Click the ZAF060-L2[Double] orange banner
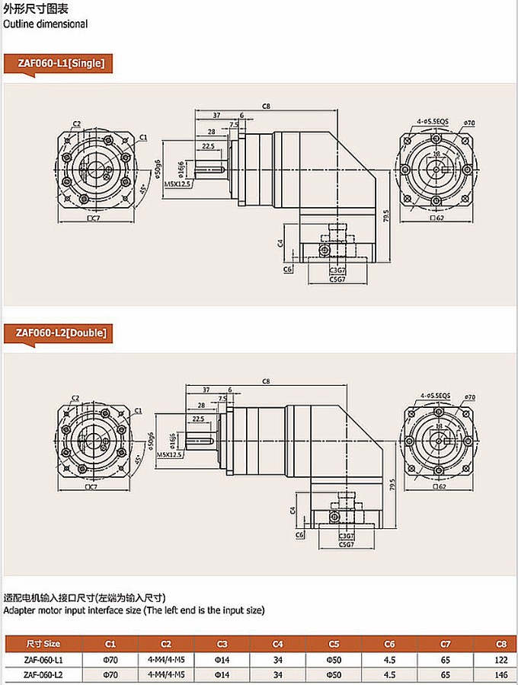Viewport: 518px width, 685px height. click(x=61, y=333)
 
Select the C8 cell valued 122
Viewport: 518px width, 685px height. click(x=500, y=659)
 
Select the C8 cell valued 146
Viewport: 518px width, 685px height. click(x=500, y=674)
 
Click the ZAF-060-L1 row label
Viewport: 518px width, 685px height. click(x=43, y=659)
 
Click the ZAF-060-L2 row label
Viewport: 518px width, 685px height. click(x=43, y=674)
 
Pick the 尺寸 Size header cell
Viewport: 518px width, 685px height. click(x=43, y=643)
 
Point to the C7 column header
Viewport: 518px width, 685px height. click(x=445, y=643)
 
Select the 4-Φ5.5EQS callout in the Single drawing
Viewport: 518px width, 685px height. click(x=433, y=121)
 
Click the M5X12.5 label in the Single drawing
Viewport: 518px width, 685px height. click(x=177, y=183)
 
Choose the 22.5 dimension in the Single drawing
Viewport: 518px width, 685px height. click(x=208, y=145)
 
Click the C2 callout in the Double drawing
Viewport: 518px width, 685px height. click(x=75, y=398)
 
